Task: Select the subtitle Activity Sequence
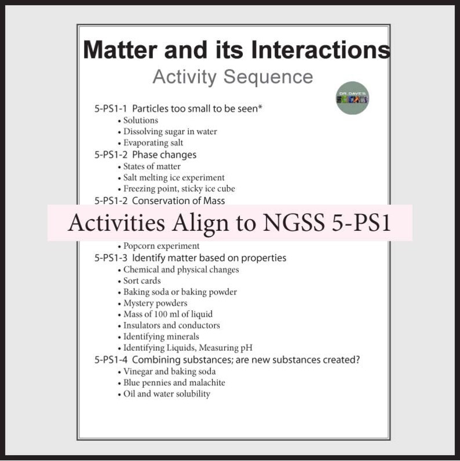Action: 232,77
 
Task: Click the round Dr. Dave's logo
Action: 352,97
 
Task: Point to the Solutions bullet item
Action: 140,120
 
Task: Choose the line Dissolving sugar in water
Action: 170,132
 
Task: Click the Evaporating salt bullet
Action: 153,143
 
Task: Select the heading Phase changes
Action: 164,155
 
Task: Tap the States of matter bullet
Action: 152,166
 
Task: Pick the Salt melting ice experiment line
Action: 174,177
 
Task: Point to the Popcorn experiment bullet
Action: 161,246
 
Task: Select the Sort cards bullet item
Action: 142,281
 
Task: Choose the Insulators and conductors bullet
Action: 171,325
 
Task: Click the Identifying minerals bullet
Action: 161,336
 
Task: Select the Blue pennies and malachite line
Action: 174,383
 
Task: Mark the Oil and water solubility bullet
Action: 167,394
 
